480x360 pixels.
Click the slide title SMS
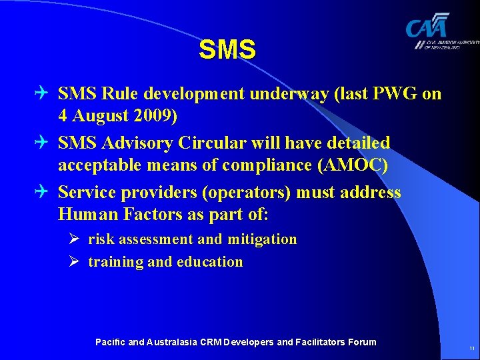pos(227,50)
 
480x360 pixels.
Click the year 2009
pos(156,117)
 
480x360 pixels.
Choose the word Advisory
pos(130,143)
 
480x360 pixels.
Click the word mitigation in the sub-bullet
pos(261,239)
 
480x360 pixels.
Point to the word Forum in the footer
pos(362,342)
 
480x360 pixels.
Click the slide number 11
pos(471,349)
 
